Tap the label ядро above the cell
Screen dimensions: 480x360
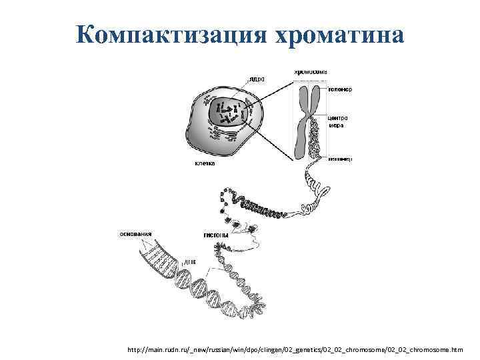(257, 79)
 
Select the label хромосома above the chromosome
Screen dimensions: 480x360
(310, 71)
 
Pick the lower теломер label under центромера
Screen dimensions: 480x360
(340, 159)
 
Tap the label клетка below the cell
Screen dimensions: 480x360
(204, 163)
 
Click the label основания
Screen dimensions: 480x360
(135, 234)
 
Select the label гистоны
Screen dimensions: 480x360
(216, 235)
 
